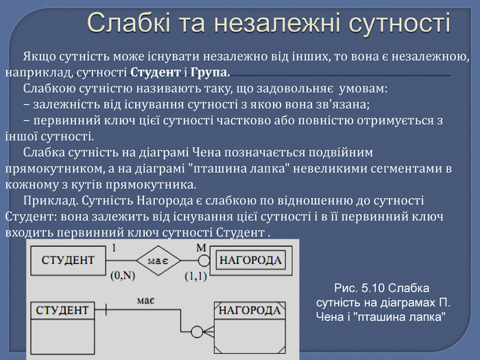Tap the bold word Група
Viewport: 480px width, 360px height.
click(210, 72)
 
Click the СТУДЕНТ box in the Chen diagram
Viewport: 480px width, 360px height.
click(68, 261)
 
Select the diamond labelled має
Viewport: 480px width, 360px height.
click(158, 261)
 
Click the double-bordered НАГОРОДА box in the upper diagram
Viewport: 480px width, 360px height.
click(250, 261)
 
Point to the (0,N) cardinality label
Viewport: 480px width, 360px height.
click(125, 276)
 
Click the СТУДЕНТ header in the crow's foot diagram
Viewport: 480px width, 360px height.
click(64, 311)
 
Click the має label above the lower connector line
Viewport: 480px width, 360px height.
click(145, 300)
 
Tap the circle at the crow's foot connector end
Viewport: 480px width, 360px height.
click(197, 332)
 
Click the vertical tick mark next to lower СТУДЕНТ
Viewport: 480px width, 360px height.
click(105, 311)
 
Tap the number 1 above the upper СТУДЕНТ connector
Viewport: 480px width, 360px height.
click(114, 247)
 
